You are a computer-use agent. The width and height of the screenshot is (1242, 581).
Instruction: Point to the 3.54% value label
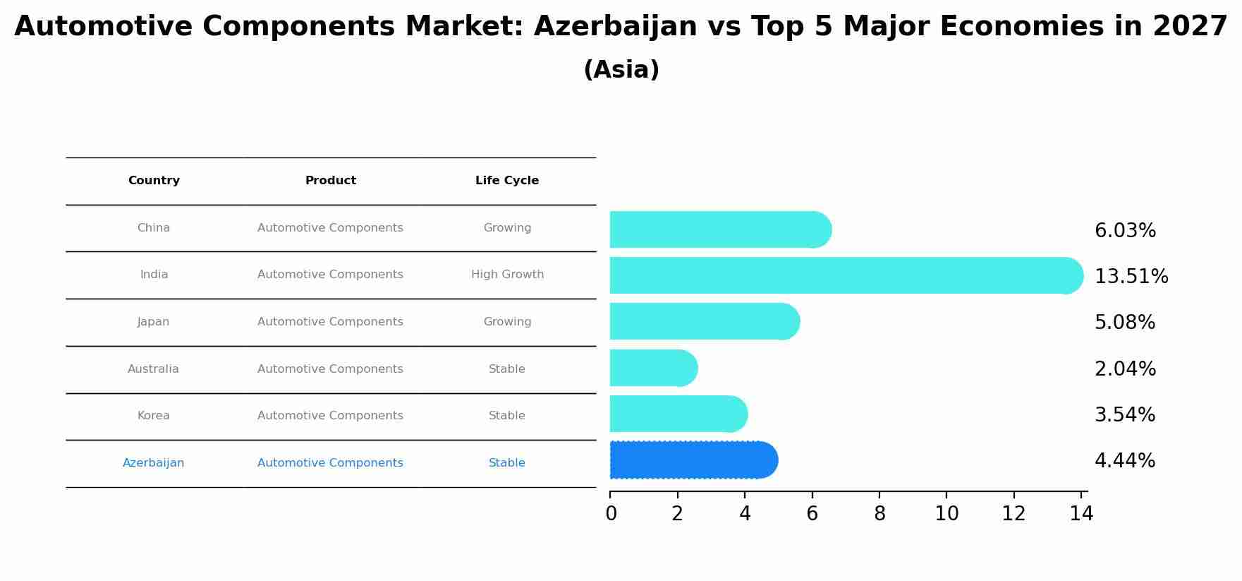(1124, 415)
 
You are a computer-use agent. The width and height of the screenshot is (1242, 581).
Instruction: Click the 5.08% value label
(1124, 323)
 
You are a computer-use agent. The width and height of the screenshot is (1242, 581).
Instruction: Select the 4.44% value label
(1124, 461)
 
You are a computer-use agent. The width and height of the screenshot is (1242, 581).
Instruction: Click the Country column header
(154, 181)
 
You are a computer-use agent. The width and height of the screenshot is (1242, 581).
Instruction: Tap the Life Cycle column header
(506, 181)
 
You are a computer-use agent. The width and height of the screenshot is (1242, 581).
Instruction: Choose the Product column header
(330, 181)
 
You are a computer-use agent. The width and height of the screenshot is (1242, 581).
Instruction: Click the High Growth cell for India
(507, 275)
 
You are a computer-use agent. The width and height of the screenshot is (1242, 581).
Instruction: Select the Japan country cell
(153, 322)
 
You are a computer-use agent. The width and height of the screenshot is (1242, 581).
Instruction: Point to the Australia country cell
(153, 369)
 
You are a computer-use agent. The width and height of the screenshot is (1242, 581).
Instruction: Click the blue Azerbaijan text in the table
(153, 463)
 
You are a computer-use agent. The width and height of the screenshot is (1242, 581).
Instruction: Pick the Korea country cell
(153, 416)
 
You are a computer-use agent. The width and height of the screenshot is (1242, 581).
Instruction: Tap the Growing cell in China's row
(507, 228)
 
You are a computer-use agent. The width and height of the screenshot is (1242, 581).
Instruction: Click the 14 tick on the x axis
(1080, 514)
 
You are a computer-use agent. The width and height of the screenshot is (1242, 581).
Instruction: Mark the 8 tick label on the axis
(879, 514)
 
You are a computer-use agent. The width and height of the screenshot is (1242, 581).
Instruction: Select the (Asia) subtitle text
(621, 70)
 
